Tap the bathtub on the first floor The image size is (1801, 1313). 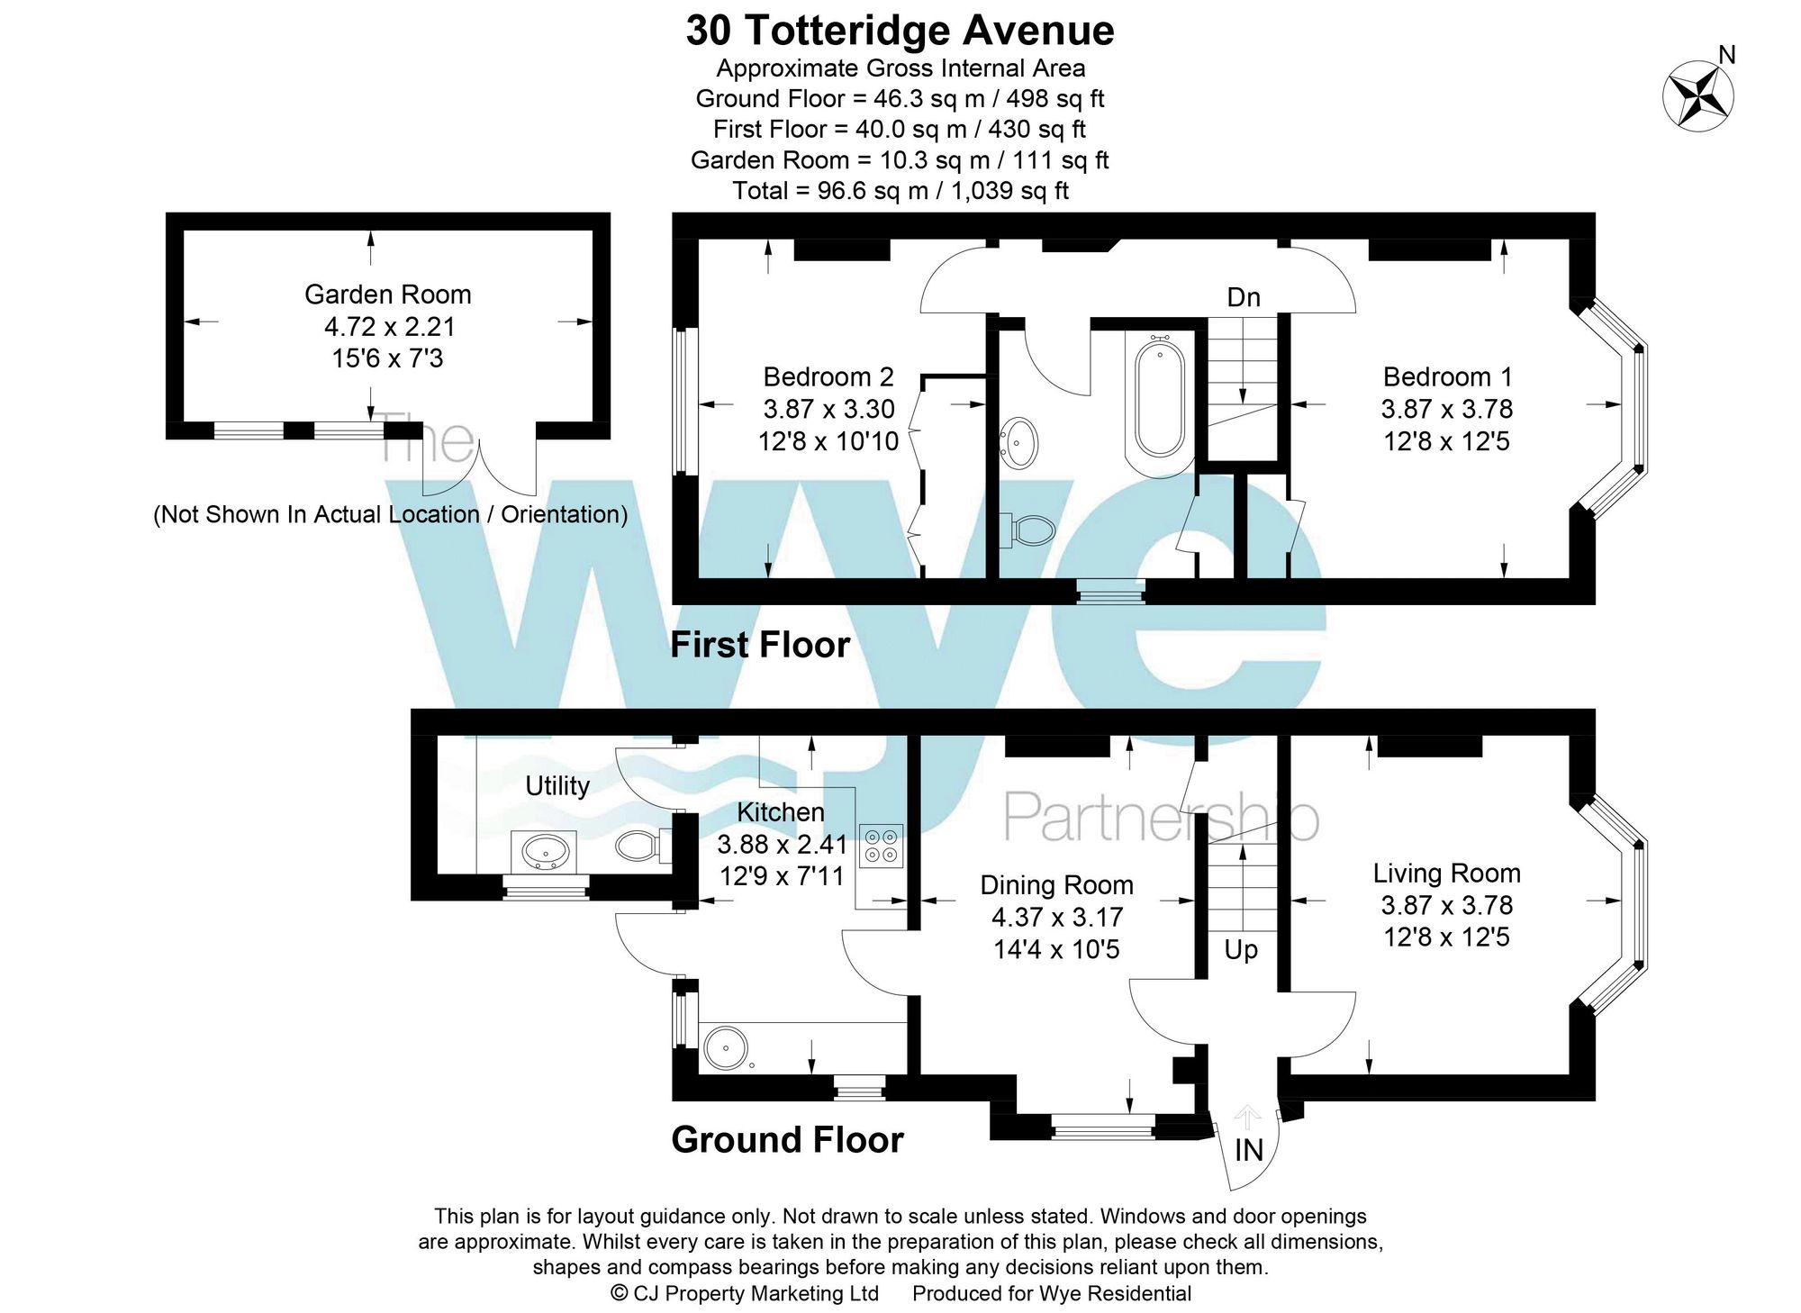point(1159,401)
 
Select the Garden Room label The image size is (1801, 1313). point(387,294)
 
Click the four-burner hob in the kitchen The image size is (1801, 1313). point(881,846)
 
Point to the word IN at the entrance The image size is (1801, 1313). point(1249,1150)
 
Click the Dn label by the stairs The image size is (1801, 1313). point(1243,297)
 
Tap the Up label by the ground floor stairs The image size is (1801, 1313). point(1241,949)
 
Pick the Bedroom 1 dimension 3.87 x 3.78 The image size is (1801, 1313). point(1446,409)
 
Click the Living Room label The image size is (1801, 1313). point(1446,873)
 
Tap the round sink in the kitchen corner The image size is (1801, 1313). point(726,1047)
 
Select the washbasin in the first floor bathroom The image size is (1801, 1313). point(1020,442)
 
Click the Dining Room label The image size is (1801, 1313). point(1056,884)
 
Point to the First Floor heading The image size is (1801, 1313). point(760,645)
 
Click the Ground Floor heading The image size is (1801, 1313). point(787,1139)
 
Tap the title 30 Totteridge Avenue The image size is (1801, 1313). point(900,31)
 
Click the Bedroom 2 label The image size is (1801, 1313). point(828,376)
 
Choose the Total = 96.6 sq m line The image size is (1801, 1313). point(900,191)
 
